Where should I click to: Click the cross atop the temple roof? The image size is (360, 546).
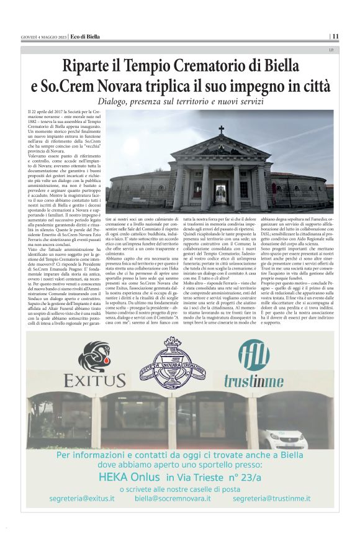pyautogui.click(x=221, y=130)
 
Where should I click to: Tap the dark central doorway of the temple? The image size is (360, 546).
pyautogui.click(x=221, y=190)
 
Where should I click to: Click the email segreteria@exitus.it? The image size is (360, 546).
pyautogui.click(x=82, y=498)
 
